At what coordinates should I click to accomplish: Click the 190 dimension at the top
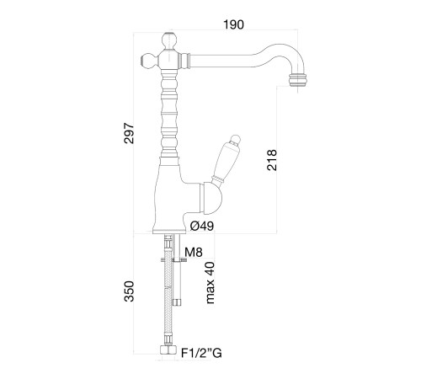[233, 24]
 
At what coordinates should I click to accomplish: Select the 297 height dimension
[129, 133]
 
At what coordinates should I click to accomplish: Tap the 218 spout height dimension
[272, 160]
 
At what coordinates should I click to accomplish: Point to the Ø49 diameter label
[202, 226]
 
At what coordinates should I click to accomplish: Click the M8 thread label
[194, 253]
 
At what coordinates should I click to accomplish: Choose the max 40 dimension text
[210, 283]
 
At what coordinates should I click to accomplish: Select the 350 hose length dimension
[129, 291]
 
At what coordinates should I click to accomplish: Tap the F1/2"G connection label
[201, 353]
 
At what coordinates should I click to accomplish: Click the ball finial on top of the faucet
[170, 40]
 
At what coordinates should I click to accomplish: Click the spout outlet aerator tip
[297, 79]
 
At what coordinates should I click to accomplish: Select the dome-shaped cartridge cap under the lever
[210, 197]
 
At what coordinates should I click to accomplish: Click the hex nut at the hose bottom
[168, 350]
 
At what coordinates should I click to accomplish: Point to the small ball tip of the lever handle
[235, 139]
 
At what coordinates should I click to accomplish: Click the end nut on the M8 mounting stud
[177, 302]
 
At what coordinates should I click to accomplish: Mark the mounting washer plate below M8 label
[174, 260]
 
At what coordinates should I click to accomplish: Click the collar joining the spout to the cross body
[184, 61]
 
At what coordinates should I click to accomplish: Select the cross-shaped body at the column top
[170, 59]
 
